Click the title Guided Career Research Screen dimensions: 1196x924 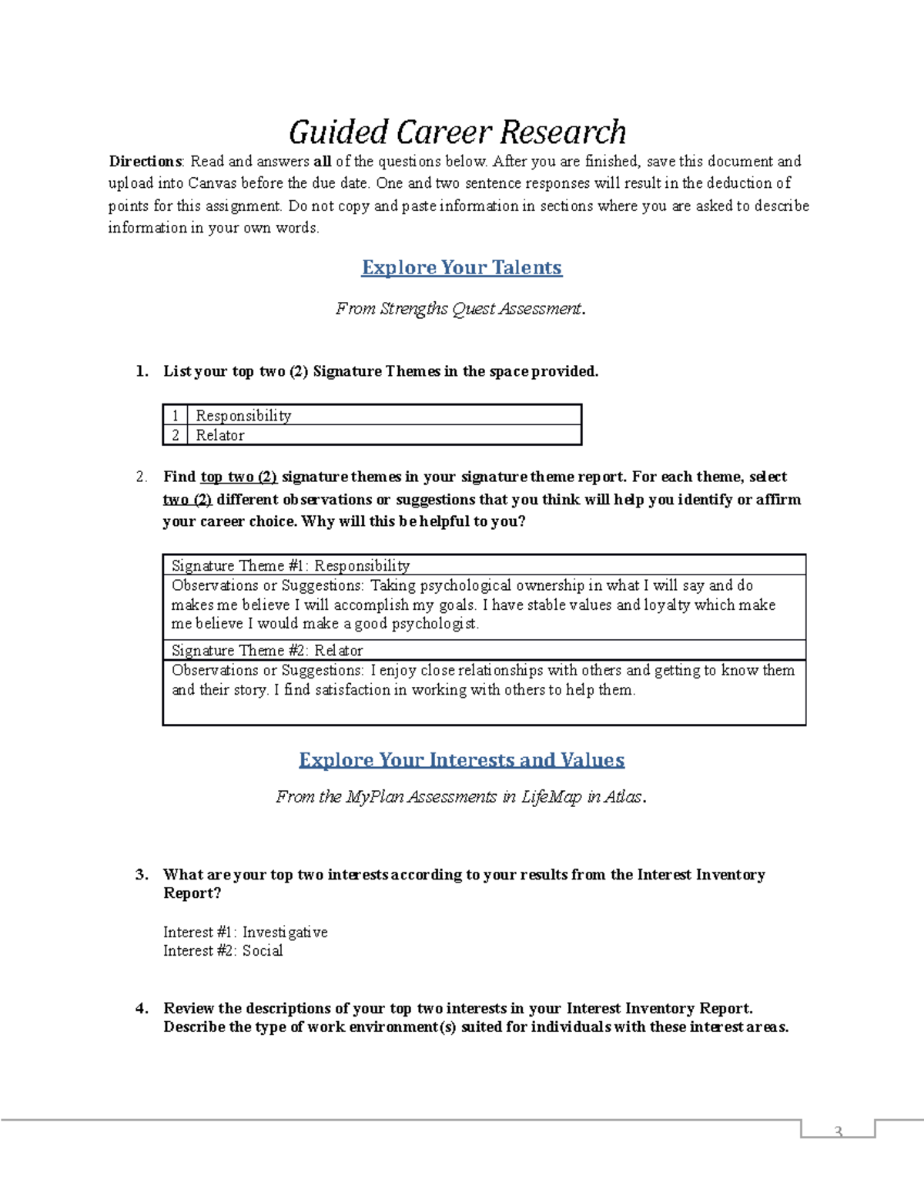coord(457,132)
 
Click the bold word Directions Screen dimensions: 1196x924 coord(145,162)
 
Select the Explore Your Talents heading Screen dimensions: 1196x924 coord(461,267)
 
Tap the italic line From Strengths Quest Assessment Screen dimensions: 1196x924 coord(460,309)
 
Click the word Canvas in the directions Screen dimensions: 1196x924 coord(212,183)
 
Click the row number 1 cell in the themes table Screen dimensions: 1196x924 coord(176,415)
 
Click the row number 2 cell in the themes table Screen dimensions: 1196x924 coord(176,435)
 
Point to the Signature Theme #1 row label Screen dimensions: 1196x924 coord(290,565)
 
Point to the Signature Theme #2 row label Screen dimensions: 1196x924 coord(266,650)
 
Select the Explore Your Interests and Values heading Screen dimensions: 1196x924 coord(461,760)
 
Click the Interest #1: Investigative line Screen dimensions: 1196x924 coord(245,932)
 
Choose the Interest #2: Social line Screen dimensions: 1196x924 coord(223,951)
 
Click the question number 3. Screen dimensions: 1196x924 coord(142,875)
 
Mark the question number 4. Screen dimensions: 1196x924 coord(142,1009)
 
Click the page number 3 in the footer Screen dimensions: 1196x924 coord(838,1131)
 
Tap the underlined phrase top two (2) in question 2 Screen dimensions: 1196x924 coord(239,477)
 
